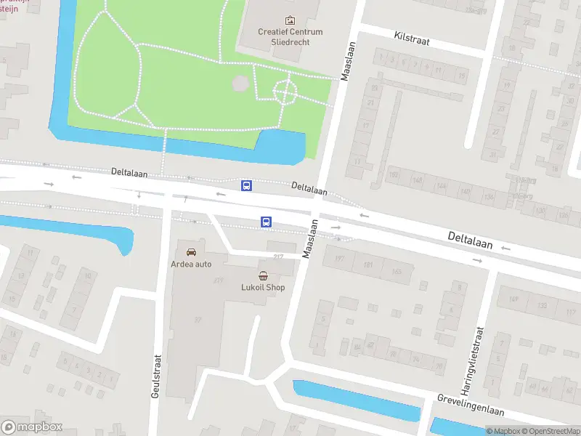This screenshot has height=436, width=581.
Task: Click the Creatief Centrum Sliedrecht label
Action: [x=290, y=36]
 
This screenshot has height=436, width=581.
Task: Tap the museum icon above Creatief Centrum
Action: [x=290, y=20]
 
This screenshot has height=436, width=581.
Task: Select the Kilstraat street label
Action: [x=412, y=38]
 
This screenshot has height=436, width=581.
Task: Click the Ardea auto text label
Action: [x=191, y=263]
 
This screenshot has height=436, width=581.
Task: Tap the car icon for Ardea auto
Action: [x=191, y=251]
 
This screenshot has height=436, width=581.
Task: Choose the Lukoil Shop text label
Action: [x=263, y=287]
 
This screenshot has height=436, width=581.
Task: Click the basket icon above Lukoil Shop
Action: [x=263, y=275]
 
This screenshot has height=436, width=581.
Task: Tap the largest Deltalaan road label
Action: [x=470, y=241]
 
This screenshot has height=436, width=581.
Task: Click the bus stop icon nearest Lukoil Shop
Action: [x=267, y=222]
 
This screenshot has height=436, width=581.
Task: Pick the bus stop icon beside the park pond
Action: [x=247, y=185]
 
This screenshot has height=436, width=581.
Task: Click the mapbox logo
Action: [x=32, y=427]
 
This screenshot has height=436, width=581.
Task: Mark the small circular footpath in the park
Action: [x=284, y=92]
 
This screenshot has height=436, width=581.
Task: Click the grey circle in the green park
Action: [x=240, y=84]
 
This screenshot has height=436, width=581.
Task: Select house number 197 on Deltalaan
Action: [x=338, y=259]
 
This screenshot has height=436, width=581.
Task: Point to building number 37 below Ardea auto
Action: [x=198, y=320]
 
